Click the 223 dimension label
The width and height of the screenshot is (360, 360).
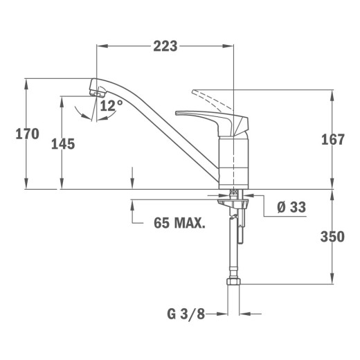(165, 46)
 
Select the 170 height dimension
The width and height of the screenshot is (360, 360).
(27, 134)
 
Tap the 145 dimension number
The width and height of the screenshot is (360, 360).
(63, 144)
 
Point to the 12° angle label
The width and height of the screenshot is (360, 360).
(111, 106)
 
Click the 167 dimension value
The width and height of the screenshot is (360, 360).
(333, 140)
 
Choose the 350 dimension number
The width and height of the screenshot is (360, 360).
(332, 237)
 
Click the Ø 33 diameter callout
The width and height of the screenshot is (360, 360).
(291, 207)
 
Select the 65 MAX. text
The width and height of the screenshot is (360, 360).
(179, 223)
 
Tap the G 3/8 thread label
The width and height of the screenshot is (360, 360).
(186, 314)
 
